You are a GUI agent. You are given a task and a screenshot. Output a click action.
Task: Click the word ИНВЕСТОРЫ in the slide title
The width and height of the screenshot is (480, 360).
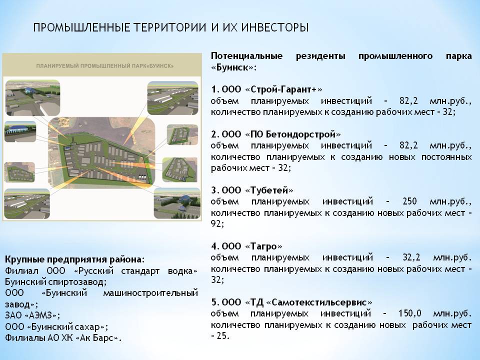(x=275, y=27)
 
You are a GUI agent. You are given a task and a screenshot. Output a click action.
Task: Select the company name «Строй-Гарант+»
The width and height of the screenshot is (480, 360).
(x=283, y=89)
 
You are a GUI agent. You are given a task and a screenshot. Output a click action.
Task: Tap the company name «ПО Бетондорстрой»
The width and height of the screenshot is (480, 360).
(x=293, y=134)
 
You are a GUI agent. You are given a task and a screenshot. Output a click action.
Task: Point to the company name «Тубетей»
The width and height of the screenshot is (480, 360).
(x=269, y=190)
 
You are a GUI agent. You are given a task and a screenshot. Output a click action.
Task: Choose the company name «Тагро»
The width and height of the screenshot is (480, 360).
(x=263, y=246)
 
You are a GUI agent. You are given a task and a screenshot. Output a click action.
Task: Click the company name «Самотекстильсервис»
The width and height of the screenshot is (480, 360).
(x=319, y=302)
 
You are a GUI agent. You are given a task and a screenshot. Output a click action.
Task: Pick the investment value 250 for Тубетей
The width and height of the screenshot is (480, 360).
(x=409, y=201)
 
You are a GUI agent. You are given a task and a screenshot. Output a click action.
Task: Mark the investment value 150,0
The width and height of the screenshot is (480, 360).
(x=409, y=313)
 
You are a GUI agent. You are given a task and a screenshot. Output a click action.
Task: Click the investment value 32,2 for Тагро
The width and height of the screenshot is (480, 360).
(x=411, y=257)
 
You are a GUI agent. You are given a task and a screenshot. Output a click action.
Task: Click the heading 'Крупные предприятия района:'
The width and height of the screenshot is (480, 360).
(x=74, y=259)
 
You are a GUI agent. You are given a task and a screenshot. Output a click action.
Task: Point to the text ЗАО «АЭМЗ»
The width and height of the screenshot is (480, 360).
(x=32, y=315)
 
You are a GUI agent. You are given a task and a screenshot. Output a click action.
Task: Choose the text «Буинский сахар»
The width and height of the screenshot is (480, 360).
(x=66, y=327)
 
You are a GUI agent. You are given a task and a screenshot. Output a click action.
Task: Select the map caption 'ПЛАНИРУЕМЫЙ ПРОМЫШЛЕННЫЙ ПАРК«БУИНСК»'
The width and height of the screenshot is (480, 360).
(x=105, y=66)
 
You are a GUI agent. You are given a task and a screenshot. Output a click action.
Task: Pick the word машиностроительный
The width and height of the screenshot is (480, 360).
(x=150, y=293)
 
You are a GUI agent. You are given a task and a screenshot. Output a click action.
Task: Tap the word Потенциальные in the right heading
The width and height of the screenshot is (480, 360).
(x=246, y=56)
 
